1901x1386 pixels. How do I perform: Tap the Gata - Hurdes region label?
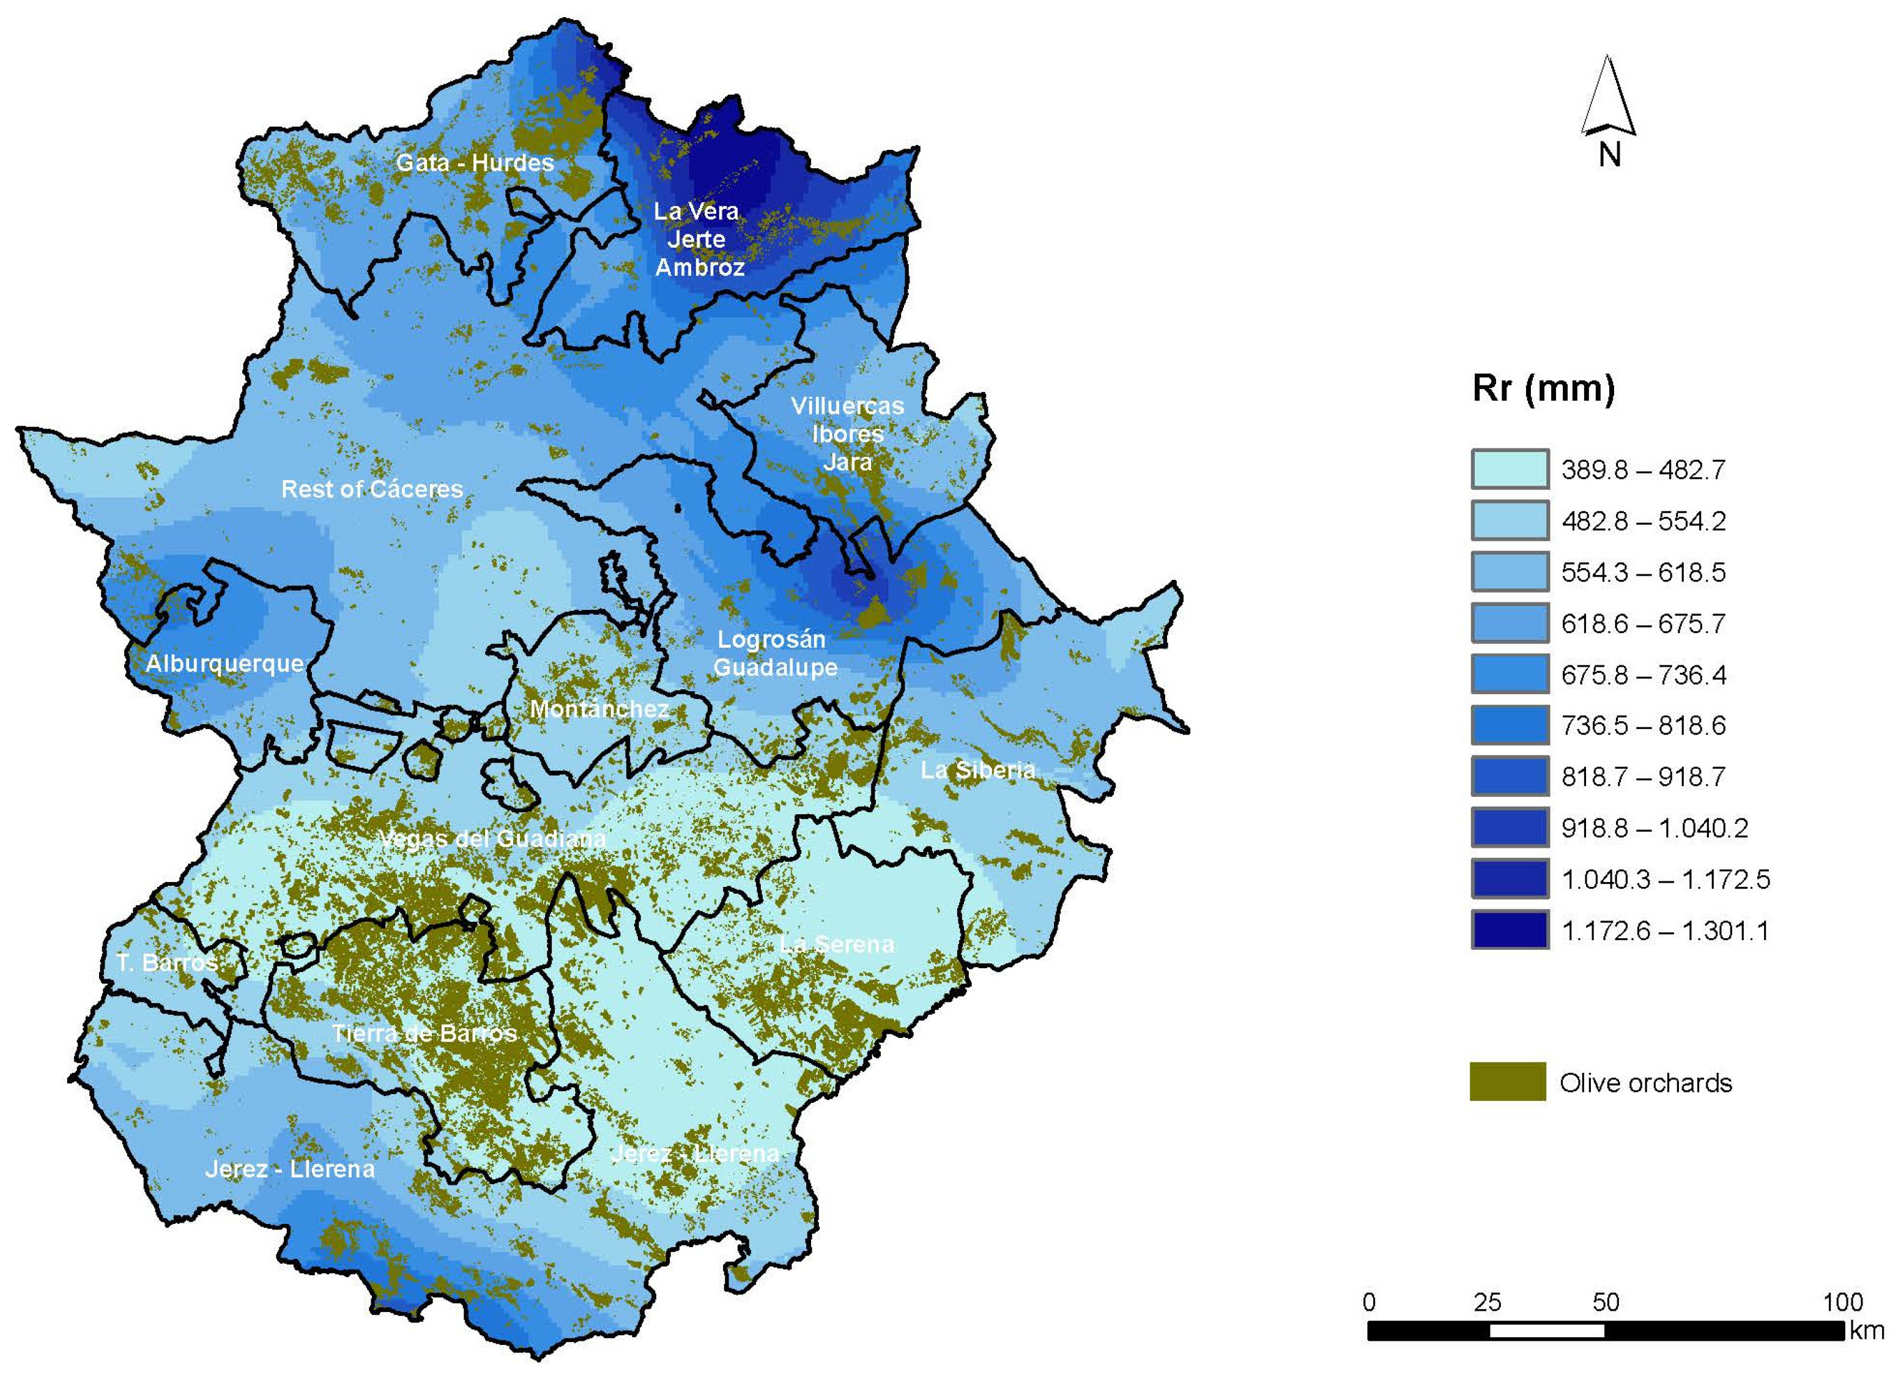475,163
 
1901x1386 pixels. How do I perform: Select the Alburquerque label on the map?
225,664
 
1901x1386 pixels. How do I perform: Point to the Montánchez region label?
599,709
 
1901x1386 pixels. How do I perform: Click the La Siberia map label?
977,770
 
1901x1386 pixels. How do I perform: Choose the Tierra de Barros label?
424,1034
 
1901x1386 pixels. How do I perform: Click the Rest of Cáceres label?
372,489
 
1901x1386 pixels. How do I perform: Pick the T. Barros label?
166,962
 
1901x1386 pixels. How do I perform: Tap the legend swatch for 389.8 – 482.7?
1509,470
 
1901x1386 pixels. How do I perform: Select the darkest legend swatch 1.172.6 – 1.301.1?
1509,930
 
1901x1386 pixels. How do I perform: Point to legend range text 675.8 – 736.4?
1643,675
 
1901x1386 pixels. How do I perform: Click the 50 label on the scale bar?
1605,1303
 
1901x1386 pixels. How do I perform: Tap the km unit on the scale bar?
1867,1330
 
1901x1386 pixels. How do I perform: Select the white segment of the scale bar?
1546,1330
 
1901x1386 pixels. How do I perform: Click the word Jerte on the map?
696,240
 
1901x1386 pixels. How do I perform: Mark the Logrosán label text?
771,639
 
